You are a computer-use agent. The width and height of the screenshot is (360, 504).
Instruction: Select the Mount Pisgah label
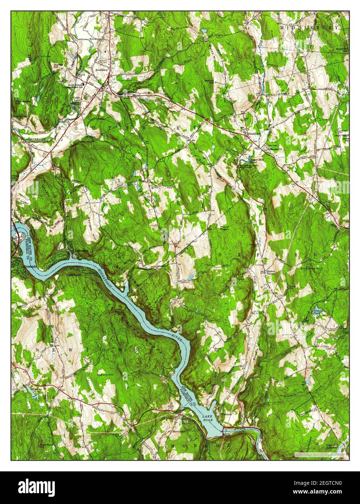point(224,228)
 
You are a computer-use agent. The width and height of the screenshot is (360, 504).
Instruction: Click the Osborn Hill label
point(106,371)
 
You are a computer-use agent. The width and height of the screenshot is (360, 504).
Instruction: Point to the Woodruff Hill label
point(341,50)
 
